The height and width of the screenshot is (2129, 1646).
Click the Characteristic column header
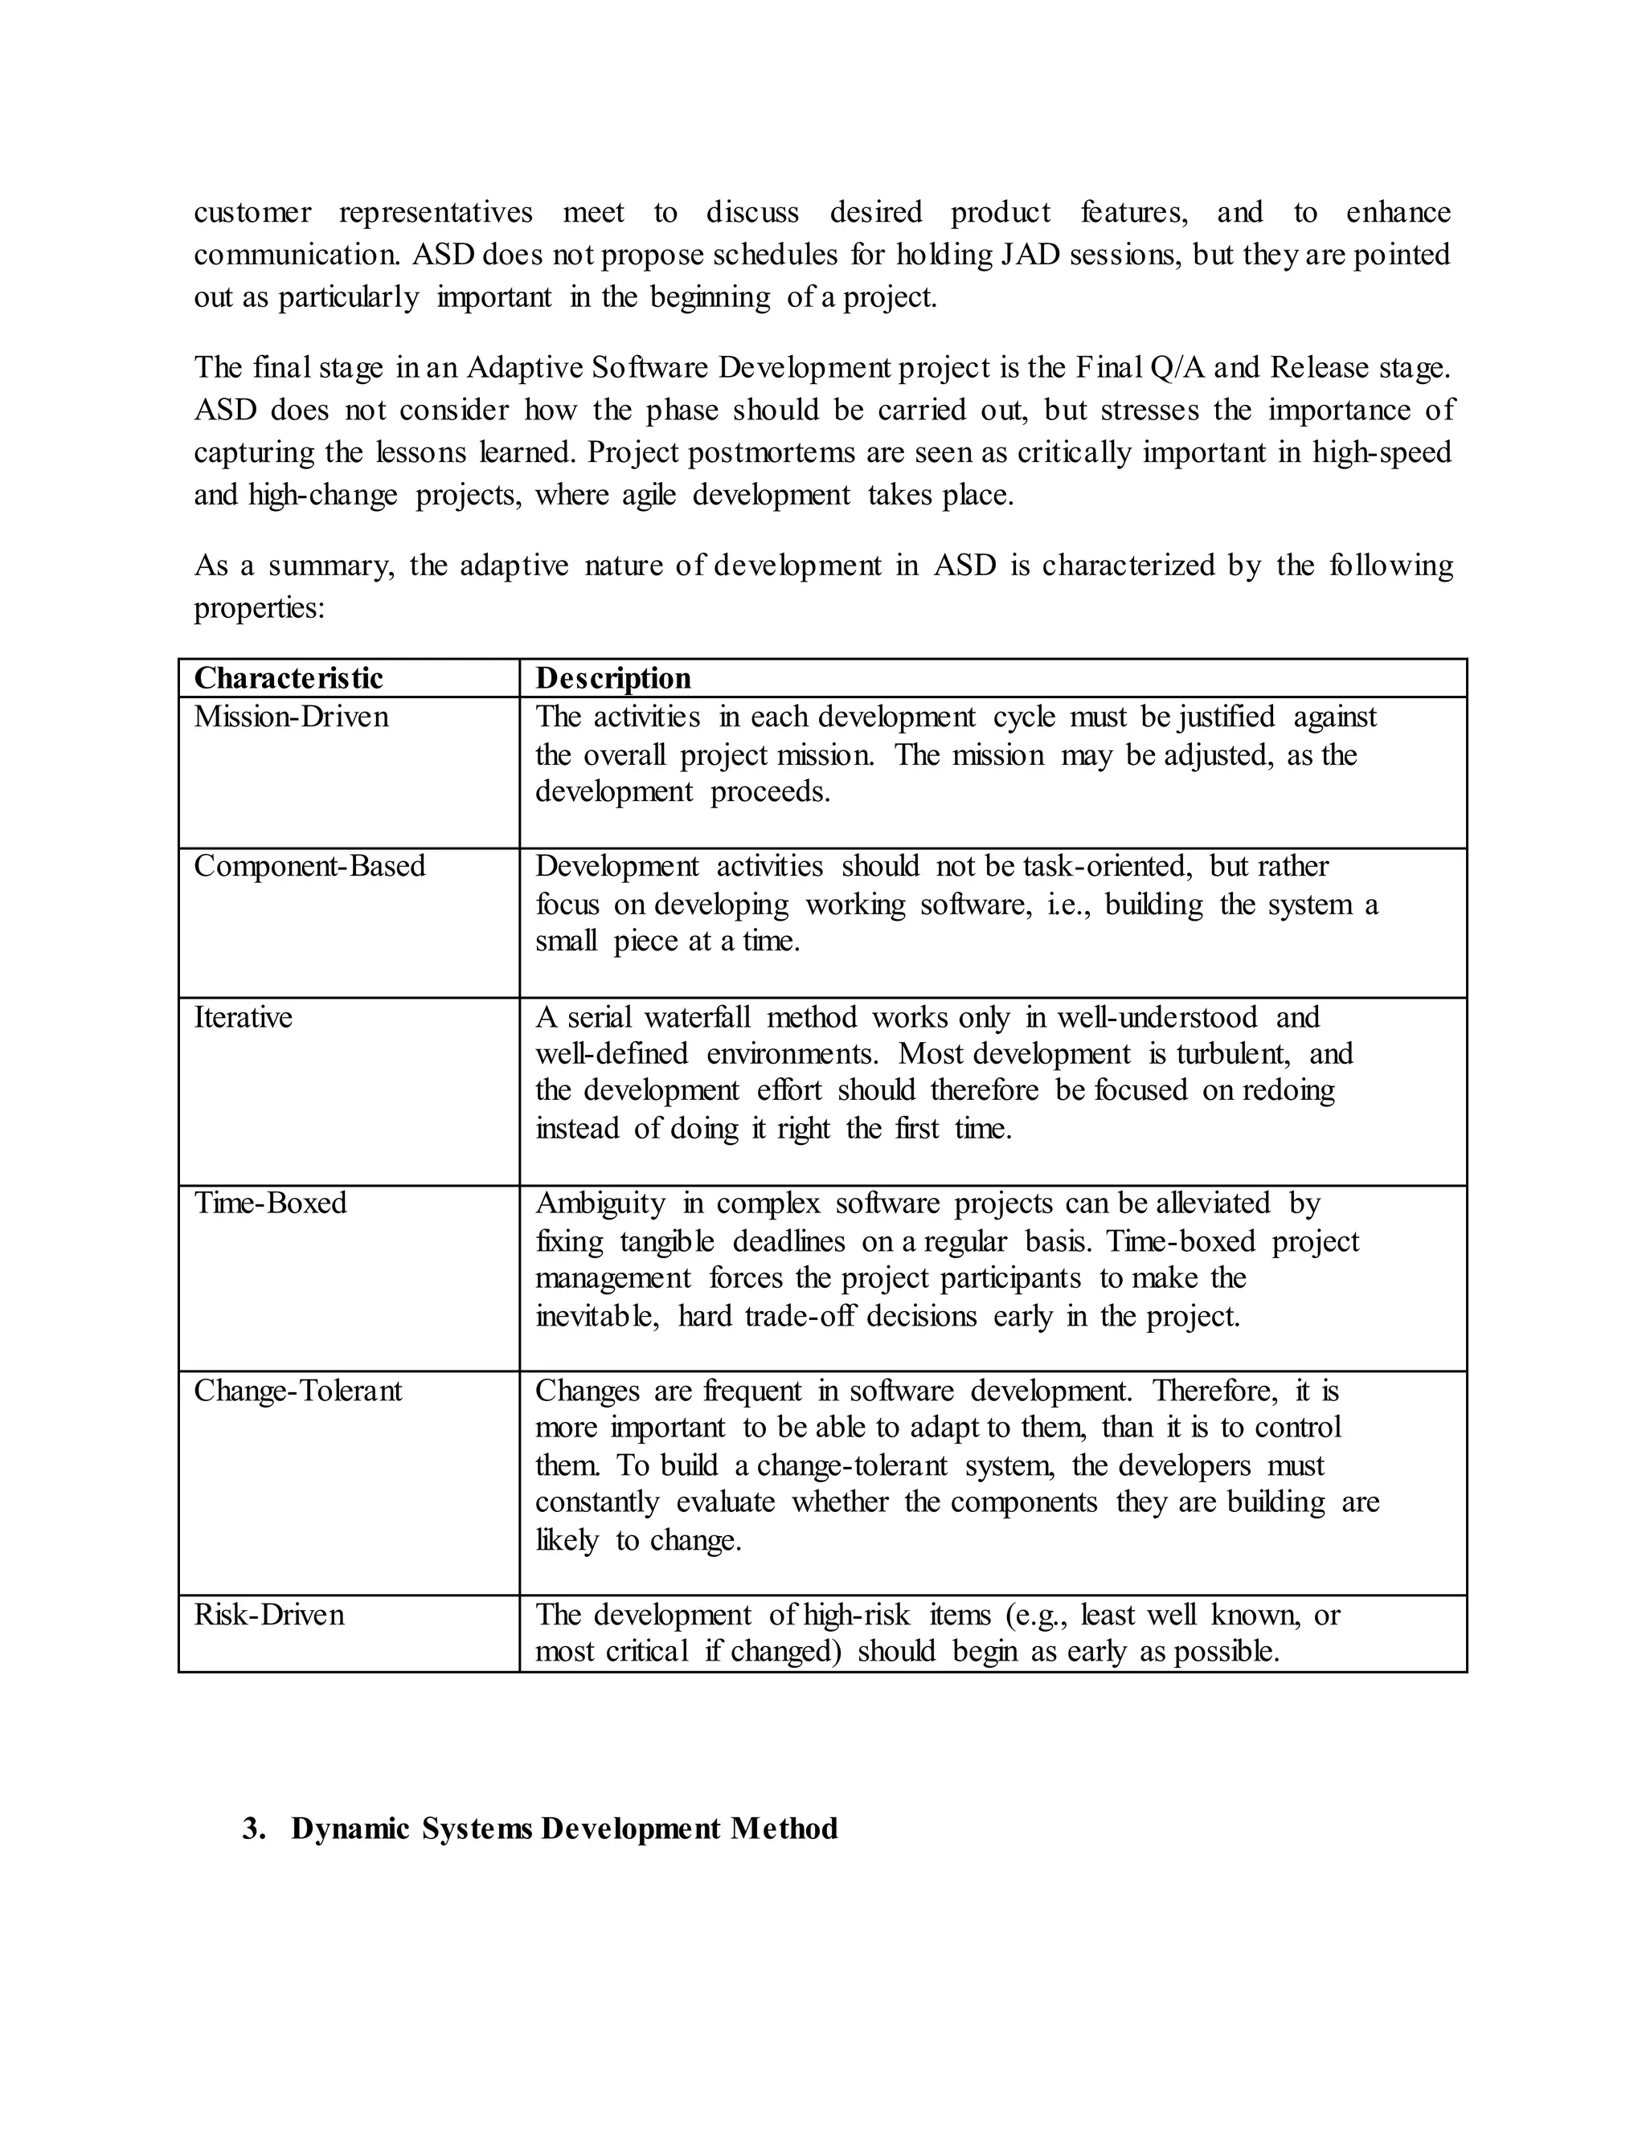[289, 679]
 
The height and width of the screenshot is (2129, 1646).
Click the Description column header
[613, 679]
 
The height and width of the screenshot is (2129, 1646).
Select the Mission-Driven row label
[291, 717]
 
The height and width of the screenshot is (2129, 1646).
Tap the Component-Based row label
[309, 867]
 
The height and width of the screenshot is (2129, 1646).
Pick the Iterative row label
[243, 1018]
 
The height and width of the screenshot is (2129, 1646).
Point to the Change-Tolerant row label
[297, 1391]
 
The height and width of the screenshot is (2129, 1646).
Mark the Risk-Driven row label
[269, 1616]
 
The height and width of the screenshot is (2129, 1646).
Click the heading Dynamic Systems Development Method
[564, 1829]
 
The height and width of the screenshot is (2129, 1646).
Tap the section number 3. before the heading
[253, 1829]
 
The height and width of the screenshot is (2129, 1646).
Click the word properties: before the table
[259, 608]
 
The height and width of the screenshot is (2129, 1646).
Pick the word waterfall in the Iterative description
[697, 1018]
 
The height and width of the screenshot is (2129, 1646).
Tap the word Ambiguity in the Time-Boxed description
[600, 1204]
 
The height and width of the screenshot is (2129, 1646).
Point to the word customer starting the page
[252, 213]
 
